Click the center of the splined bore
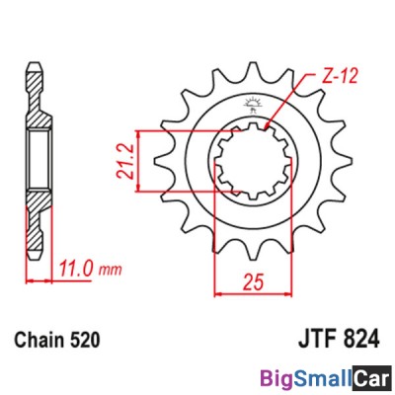click(x=256, y=158)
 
